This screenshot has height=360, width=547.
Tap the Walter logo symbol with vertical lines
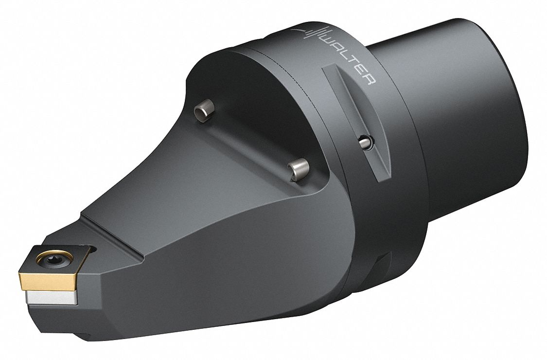310,34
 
